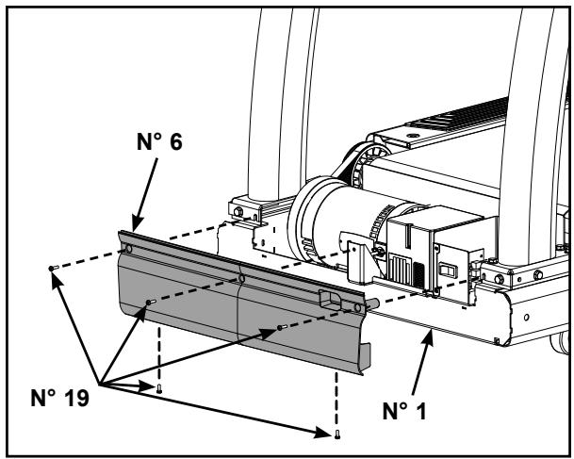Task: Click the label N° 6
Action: (159, 142)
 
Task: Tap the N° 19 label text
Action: (59, 398)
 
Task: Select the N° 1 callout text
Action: (404, 411)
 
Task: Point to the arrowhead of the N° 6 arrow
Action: (137, 224)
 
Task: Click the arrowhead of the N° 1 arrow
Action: (429, 336)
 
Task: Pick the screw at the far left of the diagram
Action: (53, 269)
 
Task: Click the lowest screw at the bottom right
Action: (337, 434)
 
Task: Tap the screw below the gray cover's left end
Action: (159, 388)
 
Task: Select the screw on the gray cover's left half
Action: (151, 303)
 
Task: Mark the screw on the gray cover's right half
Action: (282, 327)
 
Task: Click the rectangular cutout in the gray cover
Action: (331, 301)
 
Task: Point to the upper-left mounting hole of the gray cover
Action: (128, 249)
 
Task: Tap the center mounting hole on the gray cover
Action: (241, 279)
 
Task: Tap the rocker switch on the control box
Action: (449, 270)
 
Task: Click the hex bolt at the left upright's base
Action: (238, 211)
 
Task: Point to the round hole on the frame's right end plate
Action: (527, 317)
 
